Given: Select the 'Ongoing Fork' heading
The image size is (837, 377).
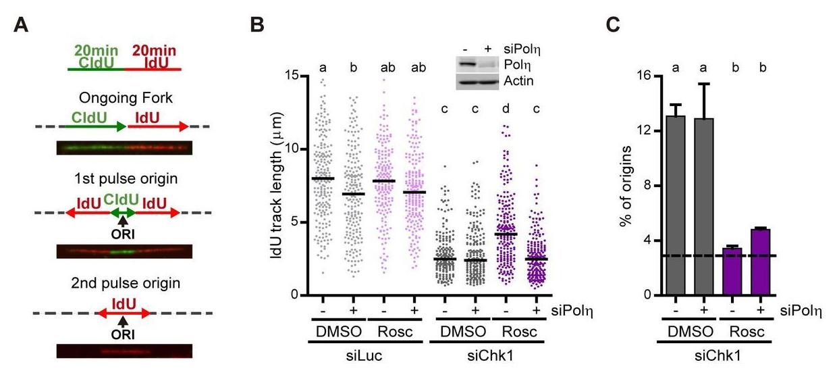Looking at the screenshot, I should pos(124,97).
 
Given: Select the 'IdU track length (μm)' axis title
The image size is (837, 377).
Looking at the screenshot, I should pos(277,185).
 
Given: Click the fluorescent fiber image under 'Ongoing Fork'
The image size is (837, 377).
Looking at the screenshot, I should pos(124,147).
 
